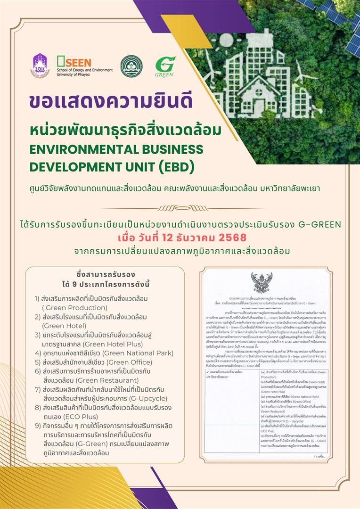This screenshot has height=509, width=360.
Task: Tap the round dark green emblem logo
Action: click(x=131, y=66)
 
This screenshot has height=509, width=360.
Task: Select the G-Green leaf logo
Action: click(x=165, y=66)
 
